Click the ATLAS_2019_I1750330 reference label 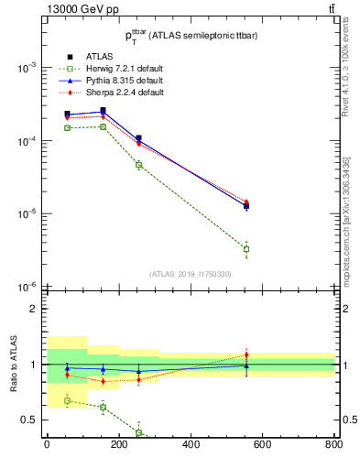coord(190,274)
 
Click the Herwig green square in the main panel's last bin coord(245,249)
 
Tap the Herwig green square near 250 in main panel coord(138,165)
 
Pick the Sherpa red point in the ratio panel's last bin coord(245,354)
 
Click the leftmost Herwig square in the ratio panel coord(67,400)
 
